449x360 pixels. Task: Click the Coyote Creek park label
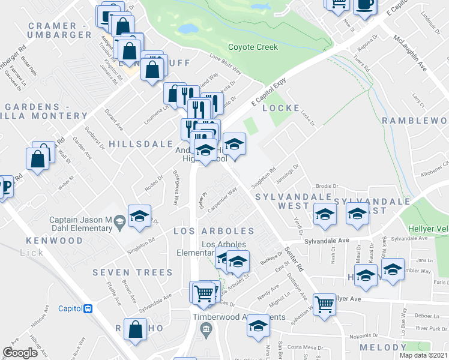[x=253, y=47]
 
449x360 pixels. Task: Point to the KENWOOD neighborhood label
[x=53, y=240]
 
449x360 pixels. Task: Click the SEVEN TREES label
[x=133, y=272]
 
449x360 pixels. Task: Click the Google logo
[x=20, y=353]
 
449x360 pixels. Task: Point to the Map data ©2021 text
[x=423, y=355]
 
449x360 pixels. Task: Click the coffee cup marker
[x=365, y=5]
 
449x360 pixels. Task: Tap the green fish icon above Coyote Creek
[x=261, y=7]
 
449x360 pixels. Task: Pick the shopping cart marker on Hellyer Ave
[x=324, y=304]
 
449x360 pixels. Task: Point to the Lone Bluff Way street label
[x=225, y=67]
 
